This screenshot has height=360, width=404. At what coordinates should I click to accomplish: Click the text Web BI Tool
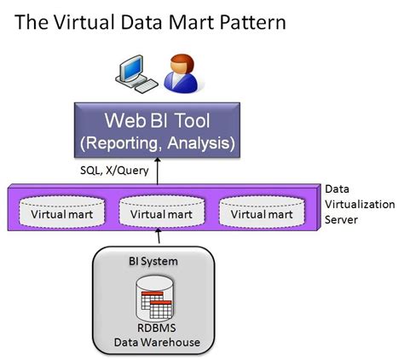[169, 118]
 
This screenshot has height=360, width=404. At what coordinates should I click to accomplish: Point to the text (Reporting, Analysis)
[169, 142]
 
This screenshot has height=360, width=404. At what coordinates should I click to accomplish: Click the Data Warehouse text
[159, 343]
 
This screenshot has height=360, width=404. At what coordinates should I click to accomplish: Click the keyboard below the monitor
[143, 86]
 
